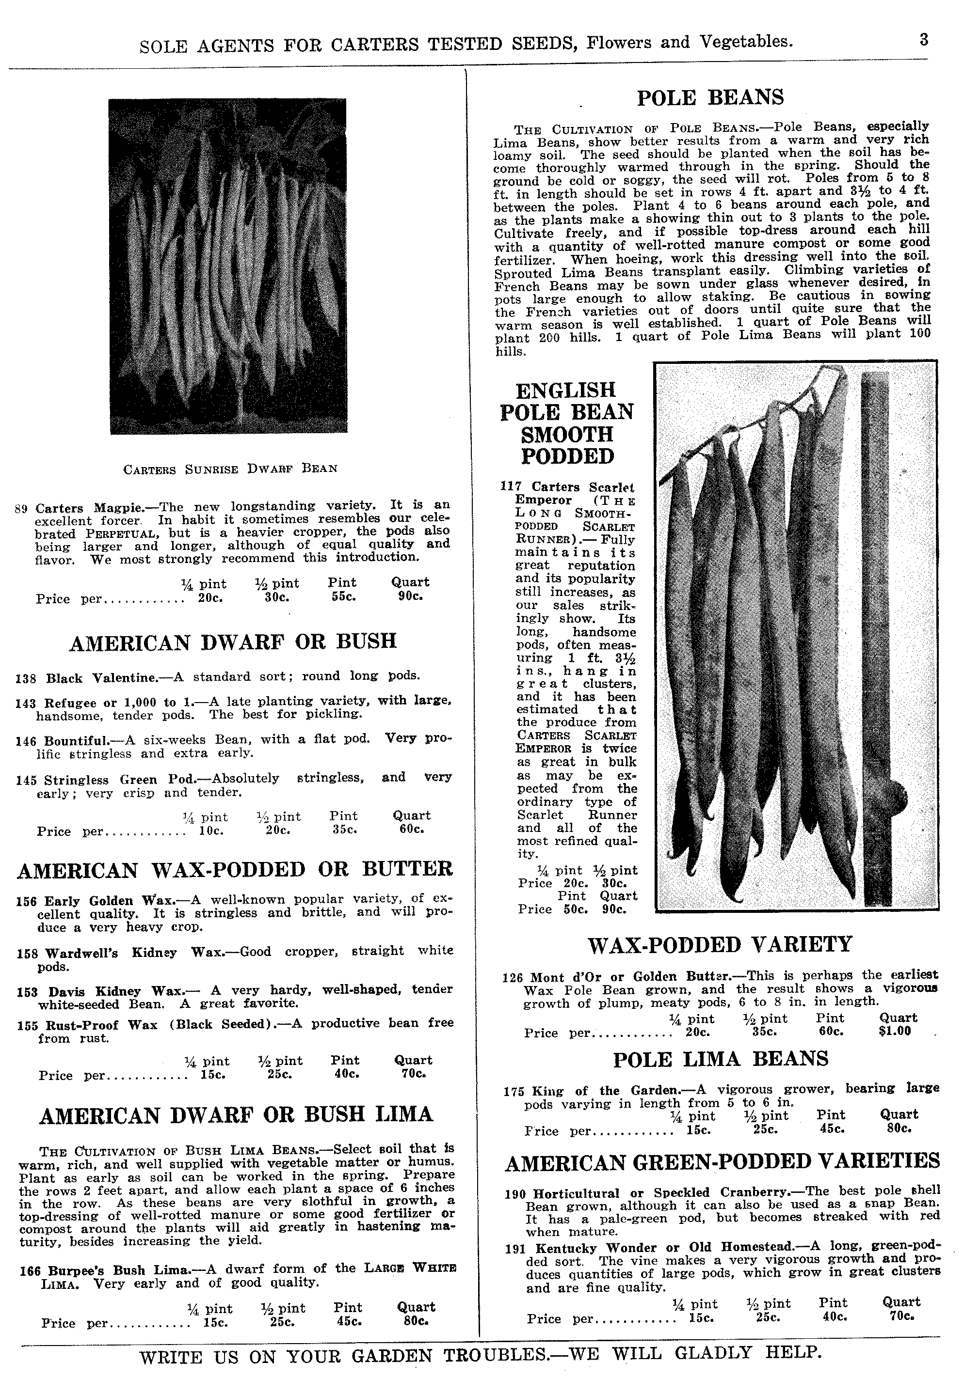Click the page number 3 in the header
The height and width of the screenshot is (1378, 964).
pyautogui.click(x=924, y=40)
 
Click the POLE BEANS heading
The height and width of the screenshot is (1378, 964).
pyautogui.click(x=710, y=97)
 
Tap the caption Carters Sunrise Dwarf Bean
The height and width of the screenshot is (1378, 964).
pyautogui.click(x=230, y=468)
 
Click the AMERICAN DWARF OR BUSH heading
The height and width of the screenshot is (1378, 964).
pyautogui.click(x=233, y=641)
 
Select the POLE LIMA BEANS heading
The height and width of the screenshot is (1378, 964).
pyautogui.click(x=720, y=1058)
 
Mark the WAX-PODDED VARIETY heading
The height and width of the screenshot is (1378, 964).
pyautogui.click(x=720, y=944)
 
